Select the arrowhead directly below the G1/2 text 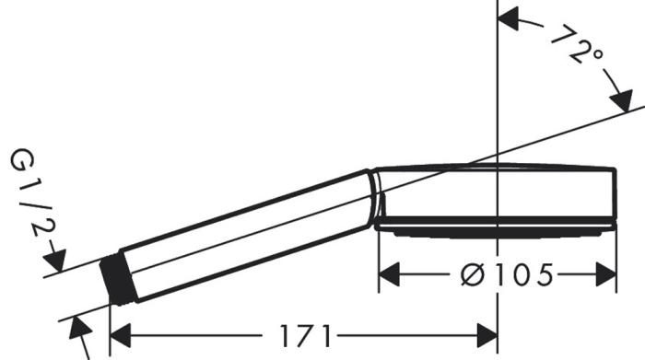pyautogui.click(x=54, y=261)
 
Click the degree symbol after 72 pyautogui.click(x=596, y=57)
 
